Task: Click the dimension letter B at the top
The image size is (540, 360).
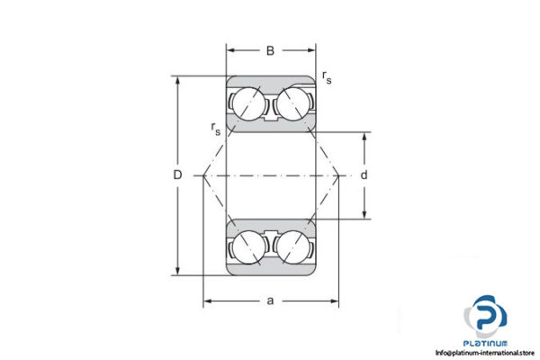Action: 270,50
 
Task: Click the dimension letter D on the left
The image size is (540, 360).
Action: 178,175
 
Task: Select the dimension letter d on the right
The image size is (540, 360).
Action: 364,175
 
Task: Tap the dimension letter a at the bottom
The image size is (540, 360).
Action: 270,300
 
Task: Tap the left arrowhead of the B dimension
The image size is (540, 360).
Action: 229,50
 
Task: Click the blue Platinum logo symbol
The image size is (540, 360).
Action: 486,319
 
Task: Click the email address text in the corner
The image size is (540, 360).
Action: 486,353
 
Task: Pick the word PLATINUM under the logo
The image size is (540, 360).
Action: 486,343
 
